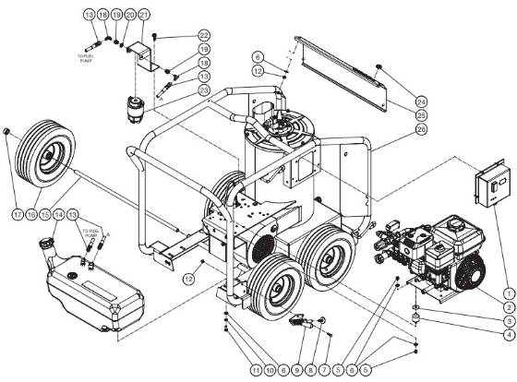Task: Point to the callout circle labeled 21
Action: (144, 16)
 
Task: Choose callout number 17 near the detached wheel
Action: (17, 217)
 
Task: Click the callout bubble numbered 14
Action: (61, 215)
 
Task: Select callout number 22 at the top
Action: (204, 34)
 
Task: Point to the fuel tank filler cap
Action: (44, 244)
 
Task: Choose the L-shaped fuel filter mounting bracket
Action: (143, 55)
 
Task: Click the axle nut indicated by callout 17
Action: (7, 135)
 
